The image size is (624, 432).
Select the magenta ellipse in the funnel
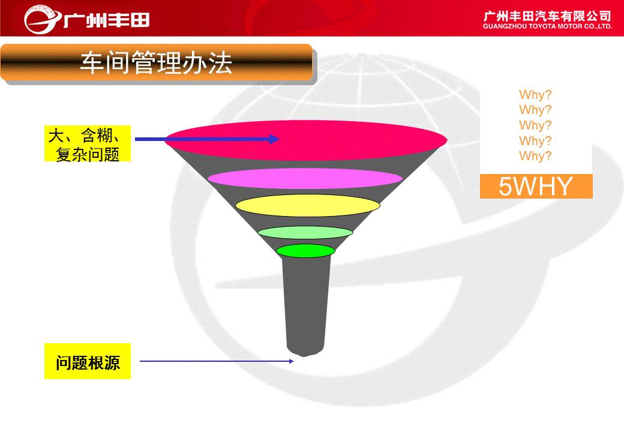click(305, 179)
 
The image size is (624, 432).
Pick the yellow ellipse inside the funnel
click(308, 206)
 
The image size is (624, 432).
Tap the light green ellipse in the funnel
click(305, 232)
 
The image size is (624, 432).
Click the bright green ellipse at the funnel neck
click(305, 251)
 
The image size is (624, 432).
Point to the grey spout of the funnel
click(306, 306)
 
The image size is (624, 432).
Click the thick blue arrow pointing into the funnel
click(208, 139)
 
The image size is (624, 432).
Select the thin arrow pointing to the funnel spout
click(217, 361)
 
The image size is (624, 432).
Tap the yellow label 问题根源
click(88, 361)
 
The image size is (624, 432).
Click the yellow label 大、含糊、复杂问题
click(88, 143)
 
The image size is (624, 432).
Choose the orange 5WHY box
click(536, 186)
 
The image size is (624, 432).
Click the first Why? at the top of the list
click(535, 95)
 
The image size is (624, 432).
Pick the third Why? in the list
click(535, 125)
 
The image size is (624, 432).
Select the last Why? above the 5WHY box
click(535, 156)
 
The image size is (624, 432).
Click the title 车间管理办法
click(156, 63)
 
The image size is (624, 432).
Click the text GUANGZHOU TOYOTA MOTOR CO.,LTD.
click(547, 26)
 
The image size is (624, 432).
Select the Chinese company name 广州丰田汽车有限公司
click(547, 16)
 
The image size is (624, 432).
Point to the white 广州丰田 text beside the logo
click(107, 20)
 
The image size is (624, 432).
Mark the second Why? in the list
click(535, 110)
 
